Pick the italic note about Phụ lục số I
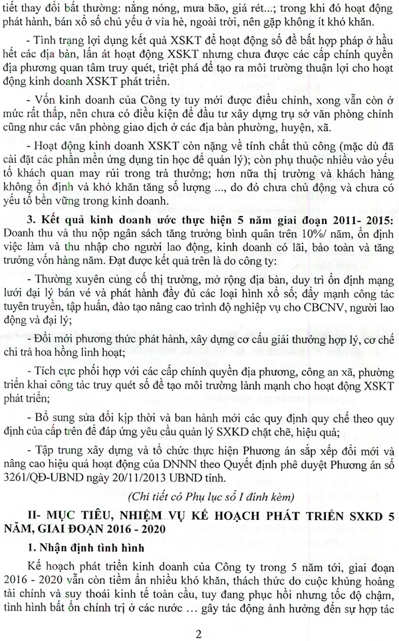point(199,497)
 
